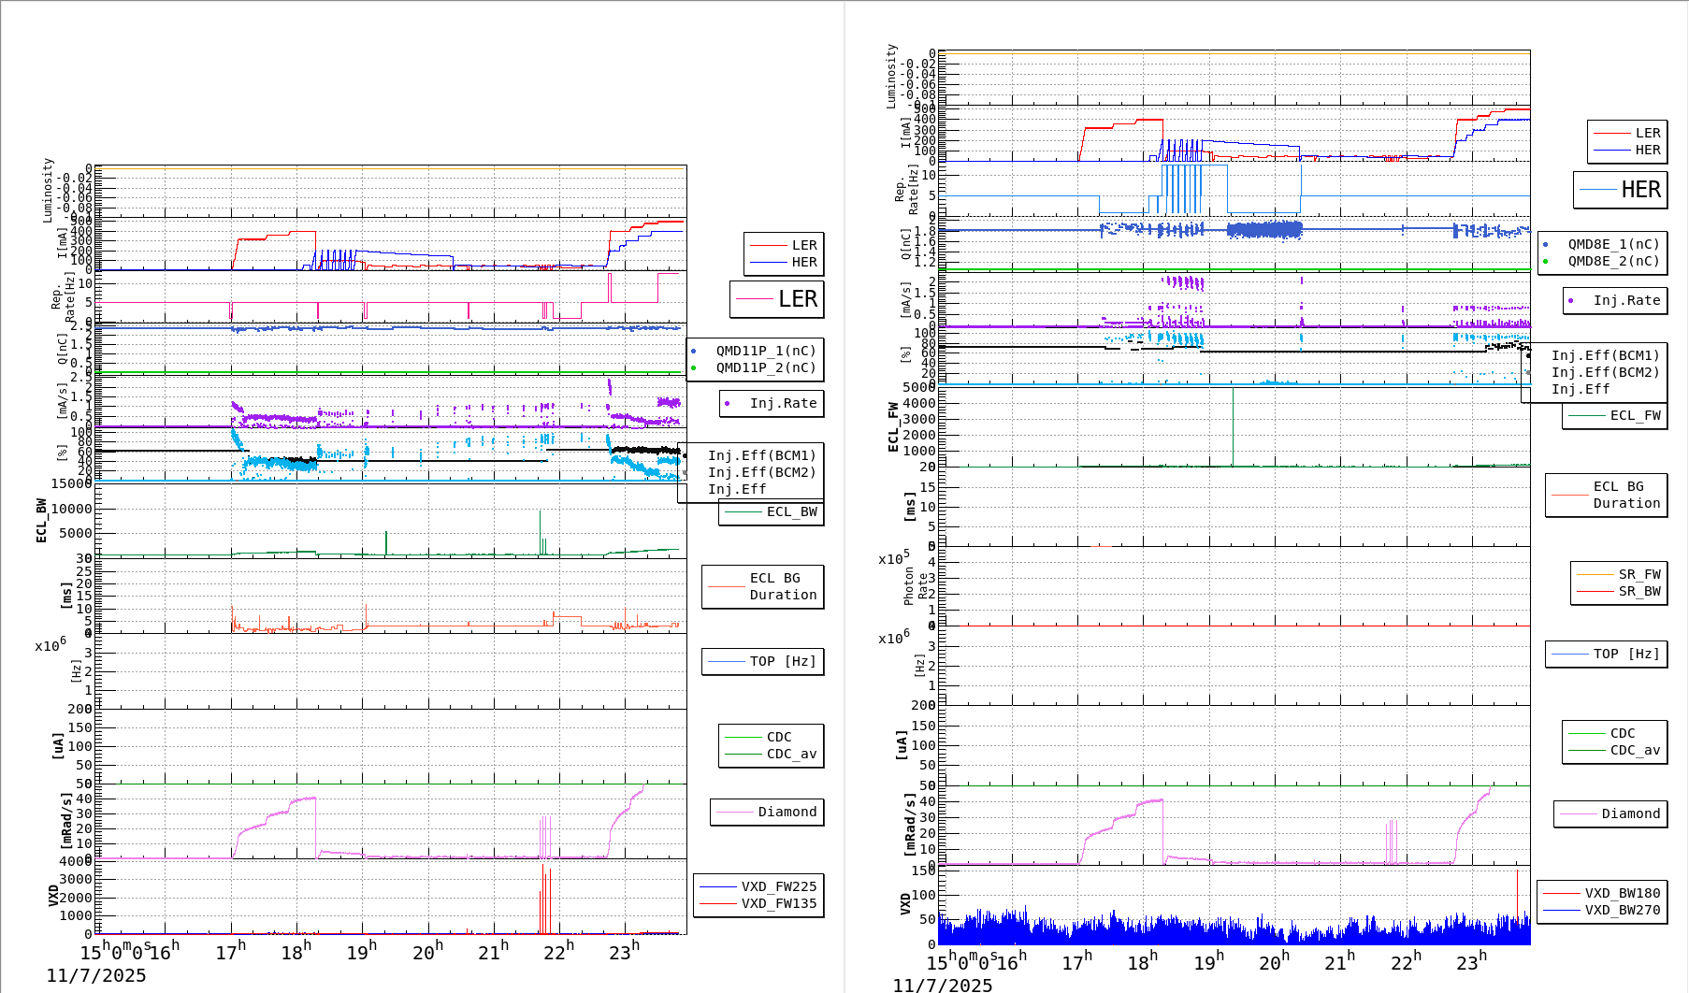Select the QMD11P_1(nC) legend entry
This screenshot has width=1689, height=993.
(765, 351)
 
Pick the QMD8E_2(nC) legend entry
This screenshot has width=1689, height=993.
(1613, 261)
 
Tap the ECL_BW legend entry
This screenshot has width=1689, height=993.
(790, 511)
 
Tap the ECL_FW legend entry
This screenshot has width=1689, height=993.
(1634, 415)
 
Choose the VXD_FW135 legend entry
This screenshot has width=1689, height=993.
(778, 903)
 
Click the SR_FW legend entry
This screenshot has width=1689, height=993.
(1638, 574)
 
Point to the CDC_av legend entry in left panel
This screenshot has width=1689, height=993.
(790, 754)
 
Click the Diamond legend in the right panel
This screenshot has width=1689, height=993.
(1630, 813)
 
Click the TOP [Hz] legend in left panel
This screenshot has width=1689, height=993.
(782, 661)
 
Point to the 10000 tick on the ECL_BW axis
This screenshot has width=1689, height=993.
(71, 509)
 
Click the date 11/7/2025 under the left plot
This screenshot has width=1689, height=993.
(96, 975)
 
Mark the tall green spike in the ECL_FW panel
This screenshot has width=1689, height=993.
(1233, 425)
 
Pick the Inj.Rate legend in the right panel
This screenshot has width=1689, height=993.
(1626, 300)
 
